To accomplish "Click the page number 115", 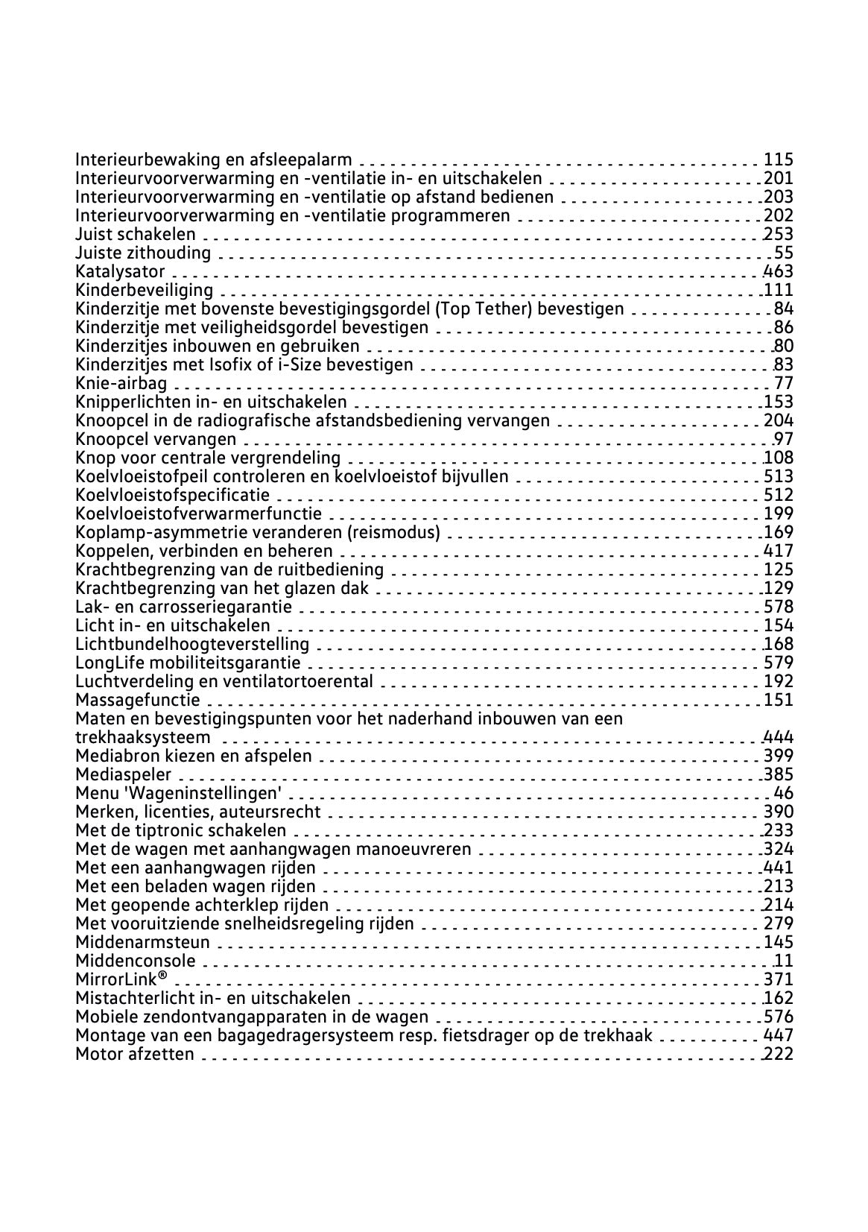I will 779,159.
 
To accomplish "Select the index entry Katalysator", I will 120,271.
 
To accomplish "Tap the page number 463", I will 779,271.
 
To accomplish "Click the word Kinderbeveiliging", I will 144,290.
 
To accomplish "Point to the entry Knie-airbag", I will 121,383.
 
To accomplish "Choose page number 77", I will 784,383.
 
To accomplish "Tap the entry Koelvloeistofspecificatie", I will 173,495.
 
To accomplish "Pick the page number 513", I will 779,476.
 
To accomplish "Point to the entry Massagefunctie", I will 138,700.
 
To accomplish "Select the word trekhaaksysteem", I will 143,737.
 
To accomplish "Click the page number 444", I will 779,737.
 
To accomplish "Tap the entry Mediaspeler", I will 123,774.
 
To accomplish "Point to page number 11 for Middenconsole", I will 784,961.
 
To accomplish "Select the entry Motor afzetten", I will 135,1054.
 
